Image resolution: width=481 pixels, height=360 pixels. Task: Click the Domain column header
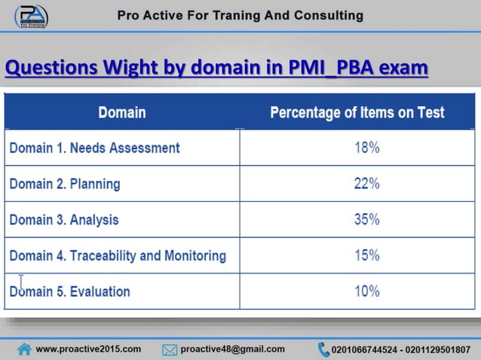tap(122, 113)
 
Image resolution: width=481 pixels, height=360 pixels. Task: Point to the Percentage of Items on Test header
tap(357, 113)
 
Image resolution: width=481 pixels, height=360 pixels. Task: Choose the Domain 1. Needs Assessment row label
tap(94, 148)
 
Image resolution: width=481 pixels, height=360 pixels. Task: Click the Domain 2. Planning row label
tap(64, 184)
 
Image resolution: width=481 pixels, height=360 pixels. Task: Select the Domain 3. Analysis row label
tap(63, 220)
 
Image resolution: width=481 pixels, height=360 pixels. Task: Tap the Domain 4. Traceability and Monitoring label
tap(117, 255)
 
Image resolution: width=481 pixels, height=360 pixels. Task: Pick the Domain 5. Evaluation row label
tap(69, 291)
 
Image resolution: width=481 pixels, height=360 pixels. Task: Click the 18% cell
tap(367, 148)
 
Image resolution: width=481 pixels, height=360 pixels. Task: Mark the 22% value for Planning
tap(367, 184)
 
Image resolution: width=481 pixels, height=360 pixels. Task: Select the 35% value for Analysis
tap(367, 220)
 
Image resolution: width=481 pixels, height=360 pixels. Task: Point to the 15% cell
tap(367, 255)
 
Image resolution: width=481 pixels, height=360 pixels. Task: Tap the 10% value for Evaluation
tap(367, 291)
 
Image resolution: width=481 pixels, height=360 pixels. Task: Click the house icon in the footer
tap(25, 349)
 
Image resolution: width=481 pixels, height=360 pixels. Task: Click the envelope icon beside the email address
tap(170, 349)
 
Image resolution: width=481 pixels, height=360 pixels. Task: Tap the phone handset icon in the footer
tap(323, 349)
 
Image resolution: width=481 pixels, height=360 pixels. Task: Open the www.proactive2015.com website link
tap(88, 349)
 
